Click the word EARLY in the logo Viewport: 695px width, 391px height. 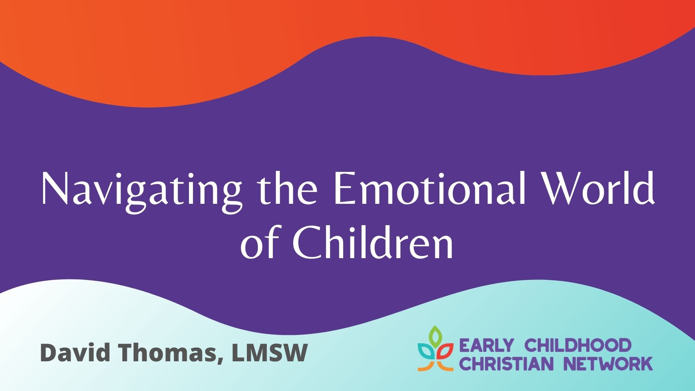(x=486, y=345)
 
